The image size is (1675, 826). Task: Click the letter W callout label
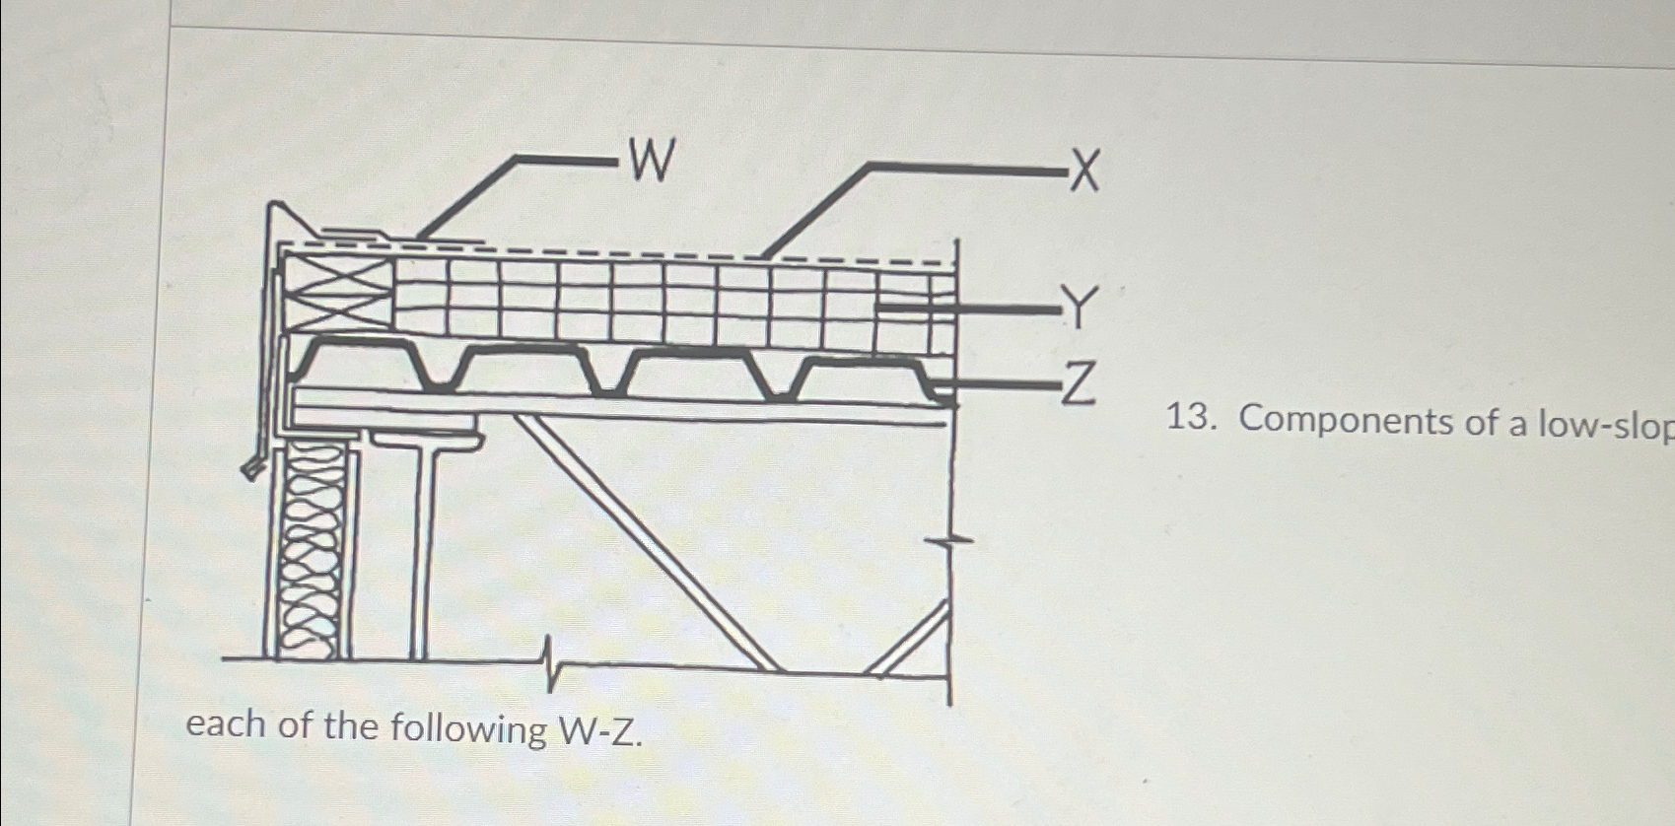click(x=652, y=160)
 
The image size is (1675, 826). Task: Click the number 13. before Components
click(x=1194, y=419)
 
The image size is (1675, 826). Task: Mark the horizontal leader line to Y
click(x=966, y=309)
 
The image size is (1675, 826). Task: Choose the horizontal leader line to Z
click(x=996, y=385)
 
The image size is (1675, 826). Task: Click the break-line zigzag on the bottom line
click(x=550, y=665)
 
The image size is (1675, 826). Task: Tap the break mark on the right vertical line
click(x=948, y=540)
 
